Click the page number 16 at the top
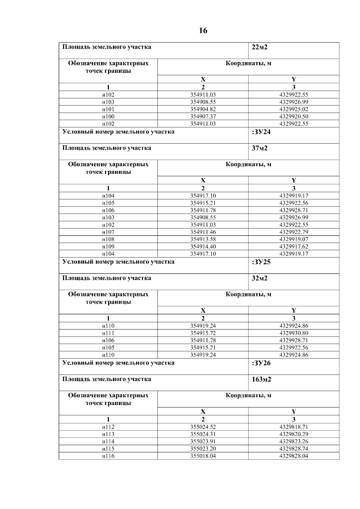coord(203,31)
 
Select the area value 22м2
coord(259,47)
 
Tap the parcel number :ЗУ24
coord(261,132)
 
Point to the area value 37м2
coord(259,148)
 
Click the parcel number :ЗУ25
coord(261,262)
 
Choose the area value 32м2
coord(259,278)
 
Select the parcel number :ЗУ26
coord(261,363)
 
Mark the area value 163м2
coord(261,379)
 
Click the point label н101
coord(108,109)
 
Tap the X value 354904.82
coord(203,109)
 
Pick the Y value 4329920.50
coord(294,117)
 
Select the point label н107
coord(108,232)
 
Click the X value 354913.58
coord(203,239)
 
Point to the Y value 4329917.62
coord(294,246)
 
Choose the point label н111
coord(108,333)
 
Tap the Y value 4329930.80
coord(294,333)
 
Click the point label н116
coord(108,456)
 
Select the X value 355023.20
coord(203,449)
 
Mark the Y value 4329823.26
coord(294,441)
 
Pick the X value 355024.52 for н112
coord(203,427)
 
